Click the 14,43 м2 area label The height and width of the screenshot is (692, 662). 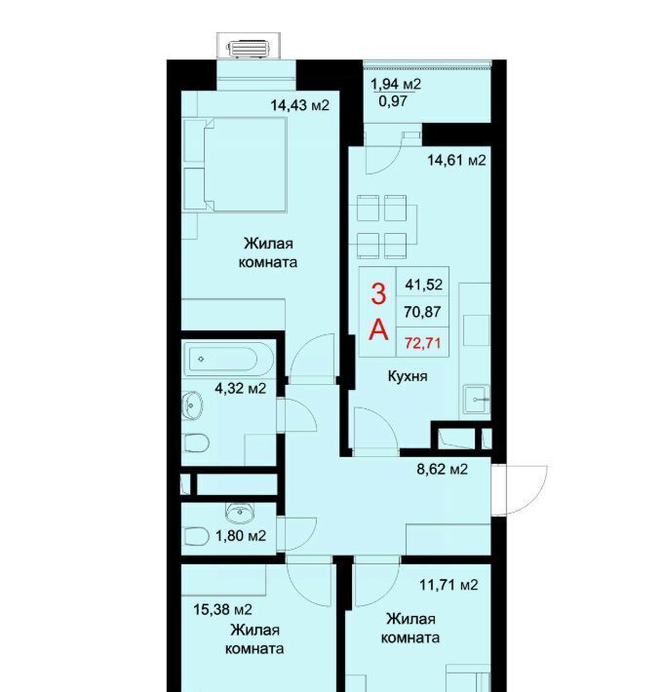(299, 105)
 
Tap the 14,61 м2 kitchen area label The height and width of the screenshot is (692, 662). (456, 160)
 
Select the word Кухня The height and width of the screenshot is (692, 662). (408, 376)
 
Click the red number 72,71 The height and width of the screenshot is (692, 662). (423, 342)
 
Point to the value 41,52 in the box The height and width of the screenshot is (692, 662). (424, 285)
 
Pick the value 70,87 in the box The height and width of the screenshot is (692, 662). (422, 312)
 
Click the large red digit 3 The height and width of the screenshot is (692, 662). (378, 294)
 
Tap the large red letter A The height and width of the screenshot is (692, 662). (378, 329)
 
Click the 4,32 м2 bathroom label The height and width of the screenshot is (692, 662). (240, 388)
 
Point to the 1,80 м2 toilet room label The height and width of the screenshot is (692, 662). (241, 536)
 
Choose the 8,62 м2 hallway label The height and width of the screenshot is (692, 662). (442, 469)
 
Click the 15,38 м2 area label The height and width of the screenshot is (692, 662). (222, 610)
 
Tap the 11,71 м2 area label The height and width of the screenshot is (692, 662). (448, 585)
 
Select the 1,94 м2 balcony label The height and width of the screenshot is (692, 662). (396, 84)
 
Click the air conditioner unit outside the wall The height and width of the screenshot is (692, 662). (248, 49)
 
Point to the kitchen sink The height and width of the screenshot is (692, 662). (477, 400)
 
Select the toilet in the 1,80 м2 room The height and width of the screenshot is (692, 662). (196, 537)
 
